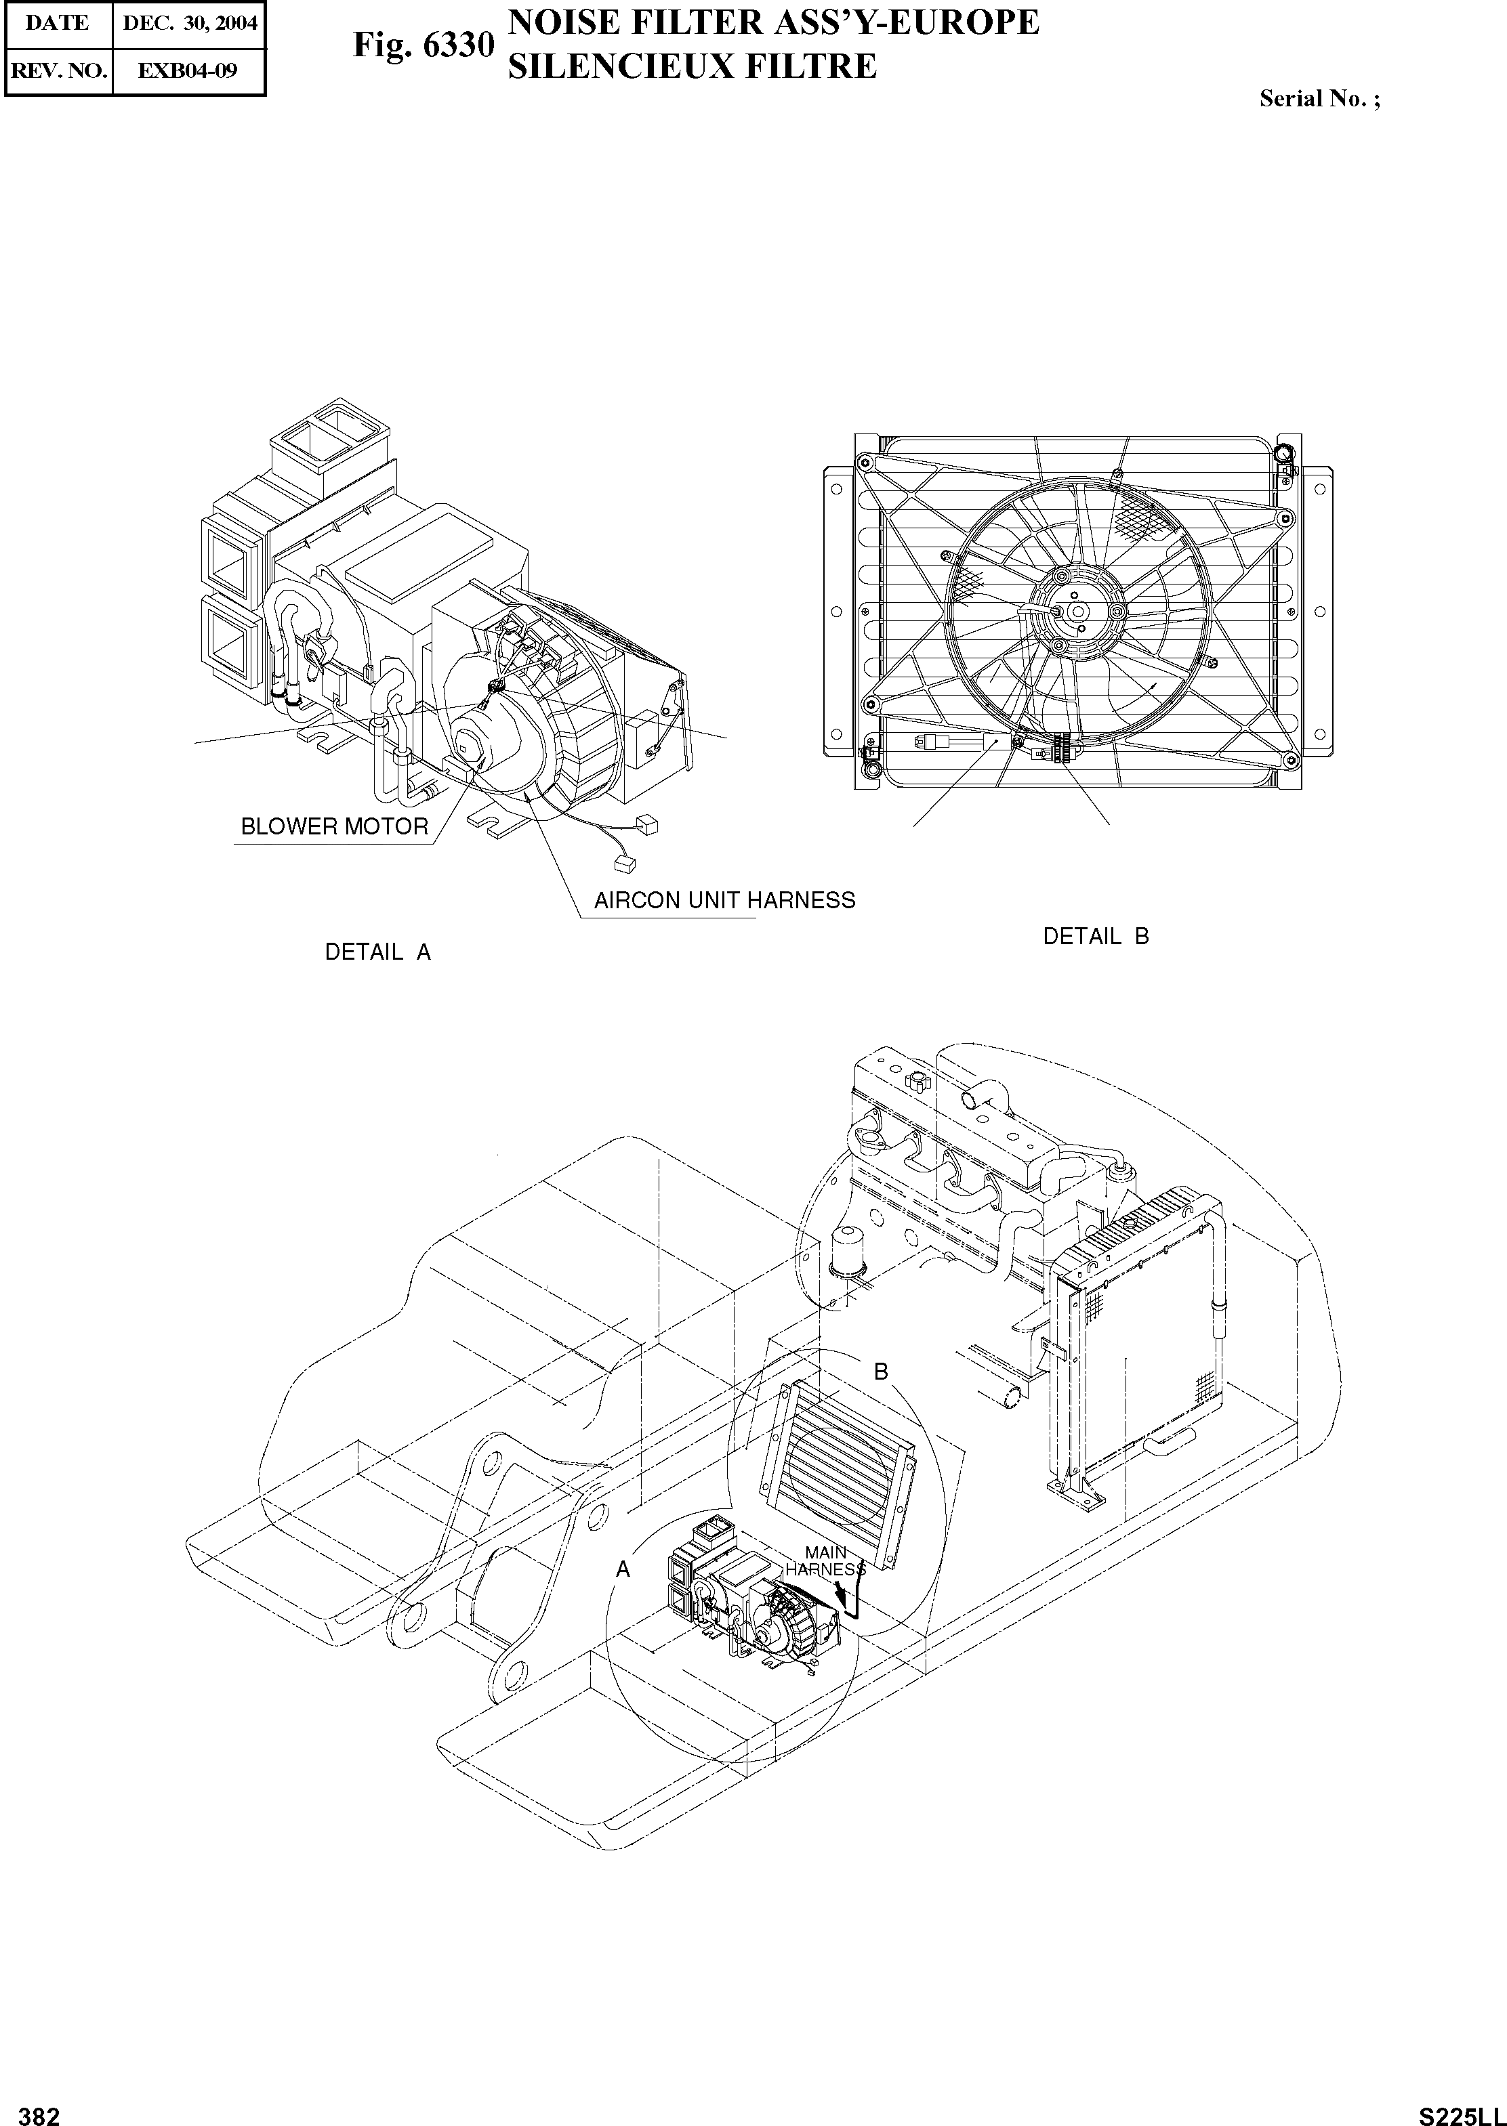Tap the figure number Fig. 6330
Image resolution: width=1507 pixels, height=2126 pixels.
coord(422,45)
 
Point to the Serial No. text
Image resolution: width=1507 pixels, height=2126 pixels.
coord(1319,100)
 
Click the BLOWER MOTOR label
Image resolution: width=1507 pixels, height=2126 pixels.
coord(334,826)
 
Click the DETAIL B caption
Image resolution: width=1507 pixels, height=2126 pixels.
coord(1096,936)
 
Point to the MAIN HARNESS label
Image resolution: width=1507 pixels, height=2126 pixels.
coord(825,1560)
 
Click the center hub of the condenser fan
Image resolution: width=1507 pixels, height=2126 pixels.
coord(1077,610)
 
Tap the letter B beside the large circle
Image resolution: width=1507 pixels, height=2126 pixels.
coord(882,1371)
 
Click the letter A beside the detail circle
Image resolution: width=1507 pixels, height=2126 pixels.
coord(623,1569)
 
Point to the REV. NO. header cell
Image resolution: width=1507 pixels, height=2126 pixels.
coord(58,70)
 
